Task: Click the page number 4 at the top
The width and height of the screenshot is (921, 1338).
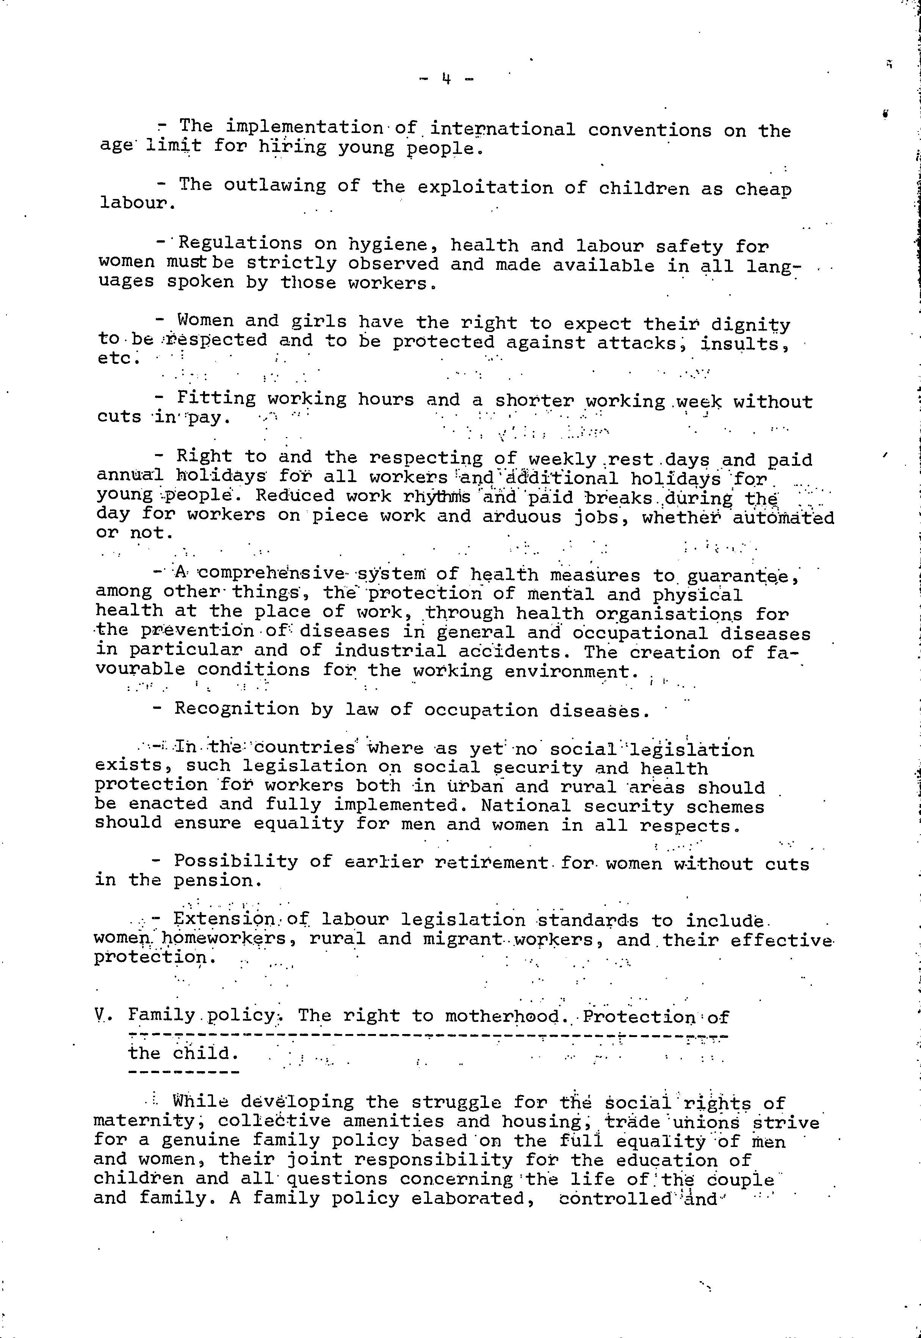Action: (x=446, y=77)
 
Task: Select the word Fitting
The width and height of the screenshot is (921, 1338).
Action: (x=216, y=398)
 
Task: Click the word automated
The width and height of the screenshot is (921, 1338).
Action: (x=783, y=517)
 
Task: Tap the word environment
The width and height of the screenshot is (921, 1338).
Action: (x=571, y=672)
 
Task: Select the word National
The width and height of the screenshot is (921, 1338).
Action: (x=525, y=806)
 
